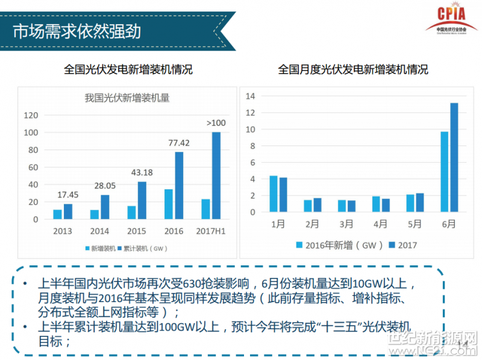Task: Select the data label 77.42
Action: (178, 143)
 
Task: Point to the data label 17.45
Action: (67, 195)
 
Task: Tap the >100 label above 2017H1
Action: (216, 123)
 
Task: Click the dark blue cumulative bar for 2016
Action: (179, 185)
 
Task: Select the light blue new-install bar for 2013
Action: (57, 214)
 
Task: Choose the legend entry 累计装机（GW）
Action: (145, 247)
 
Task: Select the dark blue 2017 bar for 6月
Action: (454, 157)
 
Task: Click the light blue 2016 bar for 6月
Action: (445, 172)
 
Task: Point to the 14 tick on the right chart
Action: (251, 96)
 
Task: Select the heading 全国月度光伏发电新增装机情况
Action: (353, 70)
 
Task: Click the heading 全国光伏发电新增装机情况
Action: (128, 70)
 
